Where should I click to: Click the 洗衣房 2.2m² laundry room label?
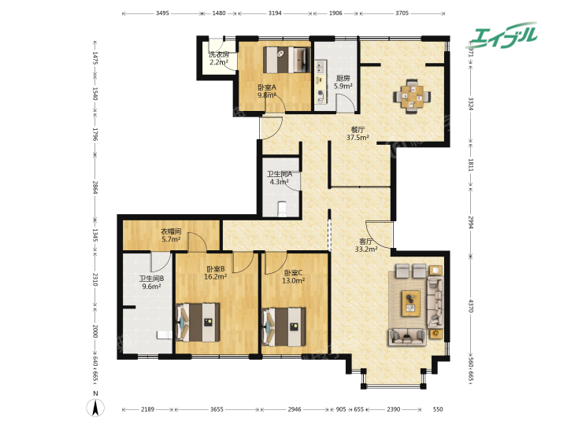pos(219,58)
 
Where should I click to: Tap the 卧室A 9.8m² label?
pos(267,91)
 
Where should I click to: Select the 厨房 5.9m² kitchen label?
pos(343,82)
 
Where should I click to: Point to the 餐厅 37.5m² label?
pos(358,133)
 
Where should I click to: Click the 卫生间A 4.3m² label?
pos(280,178)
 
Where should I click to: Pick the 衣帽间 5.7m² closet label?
pos(171,235)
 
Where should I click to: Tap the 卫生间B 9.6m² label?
pos(151,283)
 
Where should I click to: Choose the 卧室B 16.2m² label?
pos(216,273)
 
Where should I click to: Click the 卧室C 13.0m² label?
pos(293,276)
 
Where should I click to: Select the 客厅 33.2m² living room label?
pos(366,245)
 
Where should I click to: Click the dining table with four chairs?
pos(412,97)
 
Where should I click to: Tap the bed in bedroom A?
pos(287,59)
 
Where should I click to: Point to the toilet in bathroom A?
pos(282,209)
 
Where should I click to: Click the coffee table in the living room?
pos(411,303)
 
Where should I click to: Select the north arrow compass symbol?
pos(95,408)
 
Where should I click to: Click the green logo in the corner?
pos(502,35)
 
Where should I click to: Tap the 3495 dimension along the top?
pos(162,13)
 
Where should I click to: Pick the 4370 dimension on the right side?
pos(470,305)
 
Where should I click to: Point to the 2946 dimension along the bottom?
pos(295,409)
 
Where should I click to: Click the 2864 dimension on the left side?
pos(94,187)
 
